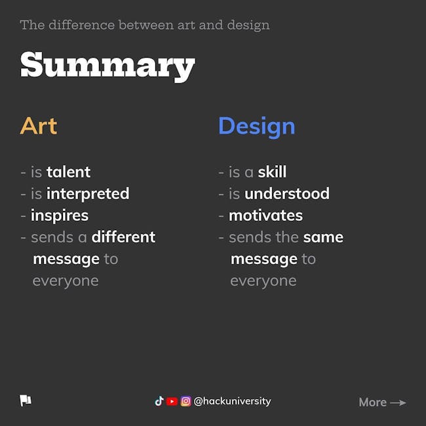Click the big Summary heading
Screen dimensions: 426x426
click(107, 66)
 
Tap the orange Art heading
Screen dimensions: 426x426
click(39, 126)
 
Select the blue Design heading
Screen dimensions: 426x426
click(256, 127)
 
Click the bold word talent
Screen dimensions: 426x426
click(68, 172)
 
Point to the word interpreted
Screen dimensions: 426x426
click(88, 194)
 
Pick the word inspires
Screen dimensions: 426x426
click(60, 216)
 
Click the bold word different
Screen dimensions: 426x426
click(123, 237)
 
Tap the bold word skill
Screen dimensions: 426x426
click(272, 172)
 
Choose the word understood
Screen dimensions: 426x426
click(287, 194)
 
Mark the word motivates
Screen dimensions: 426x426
click(265, 216)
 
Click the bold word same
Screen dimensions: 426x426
click(323, 237)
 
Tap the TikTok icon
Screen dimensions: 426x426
click(159, 401)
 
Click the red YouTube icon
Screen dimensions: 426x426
click(172, 401)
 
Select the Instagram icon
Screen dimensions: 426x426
click(186, 401)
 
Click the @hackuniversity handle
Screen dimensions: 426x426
click(232, 401)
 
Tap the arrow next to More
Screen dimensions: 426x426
click(398, 402)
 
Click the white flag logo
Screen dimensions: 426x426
click(26, 400)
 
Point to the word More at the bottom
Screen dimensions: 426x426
click(372, 402)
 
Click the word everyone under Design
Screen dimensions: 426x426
click(263, 281)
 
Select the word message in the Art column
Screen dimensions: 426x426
click(66, 260)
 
